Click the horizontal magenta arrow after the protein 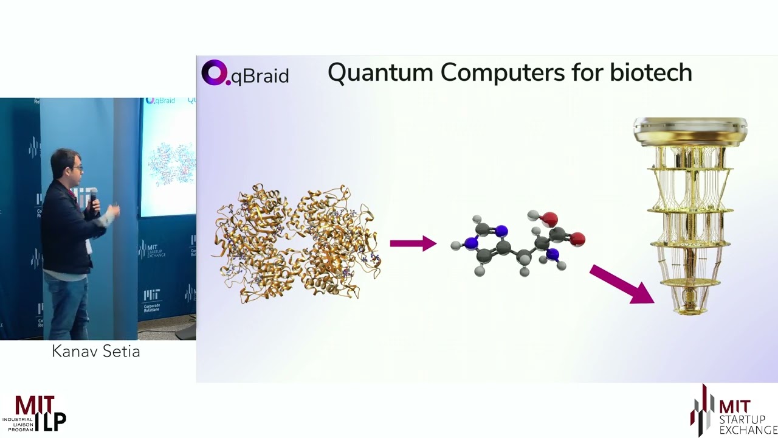click(x=413, y=243)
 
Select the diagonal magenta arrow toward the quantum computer click(x=621, y=284)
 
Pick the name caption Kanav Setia click(x=95, y=352)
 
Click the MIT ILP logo click(x=34, y=414)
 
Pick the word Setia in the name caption click(x=122, y=352)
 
